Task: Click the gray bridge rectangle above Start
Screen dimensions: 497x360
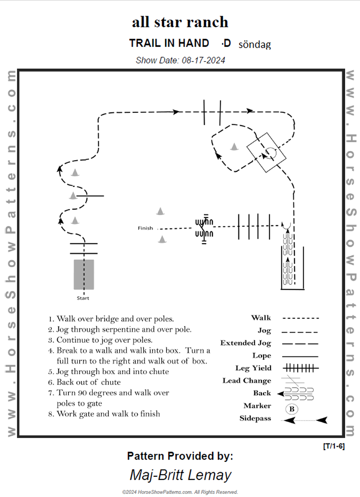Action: click(84, 274)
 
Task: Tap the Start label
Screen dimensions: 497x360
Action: click(83, 298)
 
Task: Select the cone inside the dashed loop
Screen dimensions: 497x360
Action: click(234, 146)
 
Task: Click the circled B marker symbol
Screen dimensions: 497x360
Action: click(291, 409)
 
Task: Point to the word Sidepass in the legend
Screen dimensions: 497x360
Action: click(255, 418)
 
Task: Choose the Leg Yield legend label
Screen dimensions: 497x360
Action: click(253, 368)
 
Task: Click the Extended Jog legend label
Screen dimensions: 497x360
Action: click(246, 343)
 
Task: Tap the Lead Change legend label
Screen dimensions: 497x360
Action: click(247, 381)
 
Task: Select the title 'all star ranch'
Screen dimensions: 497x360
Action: click(180, 22)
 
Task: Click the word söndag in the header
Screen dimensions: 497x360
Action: click(255, 44)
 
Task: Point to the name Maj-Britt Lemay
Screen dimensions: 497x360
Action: click(180, 475)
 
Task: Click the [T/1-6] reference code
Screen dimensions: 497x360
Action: click(333, 446)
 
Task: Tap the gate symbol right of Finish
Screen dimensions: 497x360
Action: click(204, 228)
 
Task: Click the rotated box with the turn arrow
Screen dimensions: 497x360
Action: click(266, 152)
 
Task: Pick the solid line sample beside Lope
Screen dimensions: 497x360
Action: click(301, 356)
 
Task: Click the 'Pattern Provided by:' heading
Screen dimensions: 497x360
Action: click(180, 456)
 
